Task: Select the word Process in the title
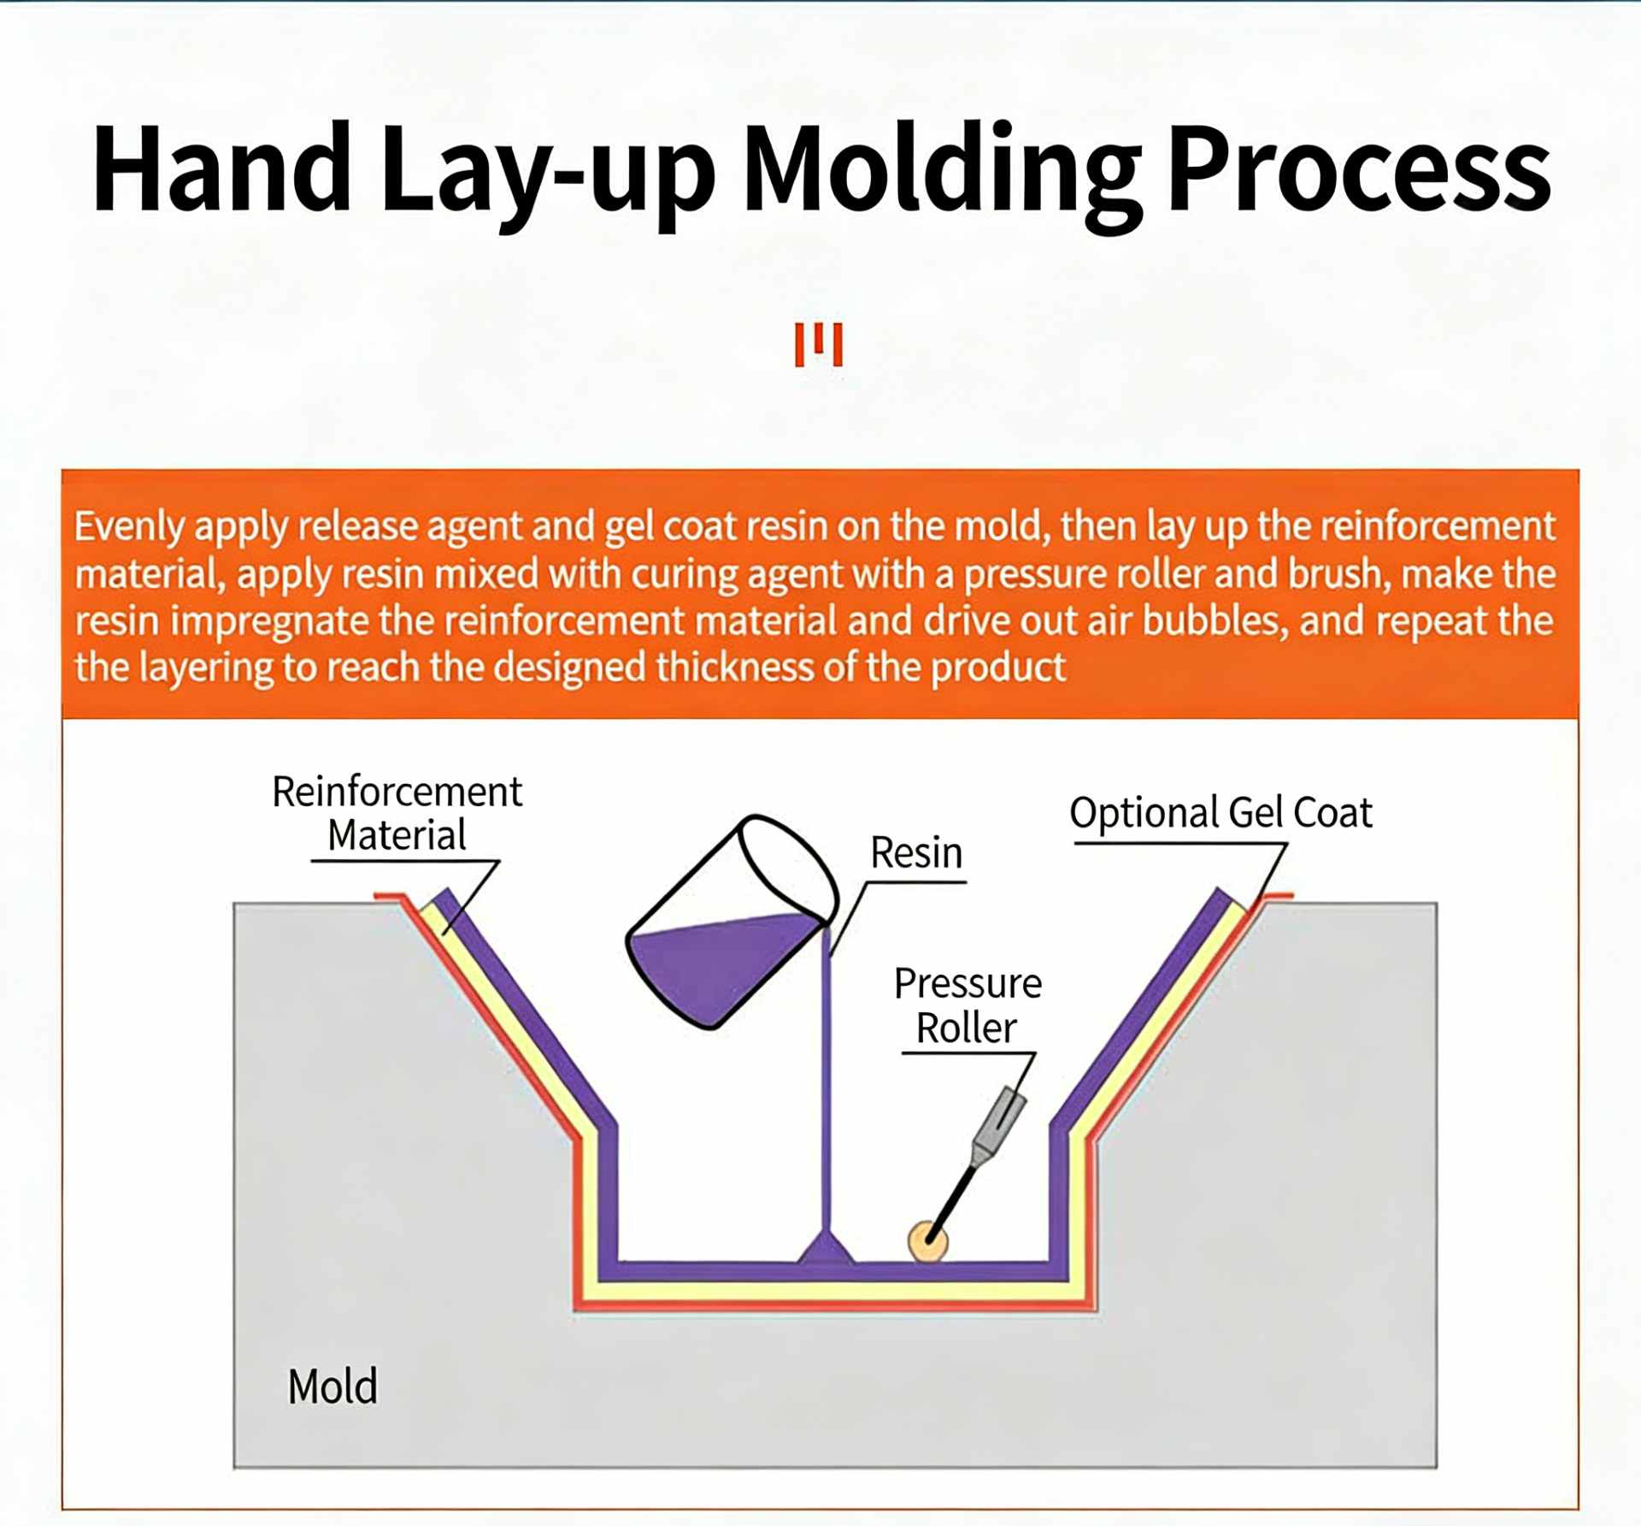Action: pos(1359,168)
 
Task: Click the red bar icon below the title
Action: pos(819,345)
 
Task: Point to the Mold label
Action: pos(332,1386)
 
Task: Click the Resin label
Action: pos(916,852)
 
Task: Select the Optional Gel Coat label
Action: pos(1220,812)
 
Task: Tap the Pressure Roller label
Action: pos(968,1005)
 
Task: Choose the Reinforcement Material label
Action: pos(397,813)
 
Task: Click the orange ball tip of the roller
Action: pos(926,1240)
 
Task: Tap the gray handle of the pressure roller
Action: pos(1000,1120)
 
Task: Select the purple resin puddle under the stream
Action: pos(826,1251)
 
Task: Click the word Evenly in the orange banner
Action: pos(129,527)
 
